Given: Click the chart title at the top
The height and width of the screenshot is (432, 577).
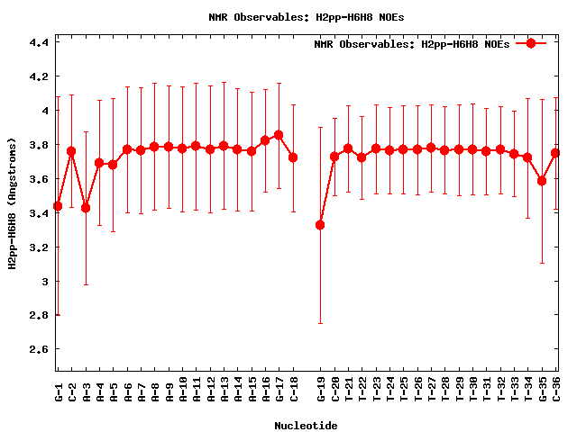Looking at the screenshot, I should (288, 16).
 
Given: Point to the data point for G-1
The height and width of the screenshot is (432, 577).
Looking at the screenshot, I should (58, 206).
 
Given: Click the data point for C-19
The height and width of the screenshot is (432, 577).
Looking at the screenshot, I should (320, 224).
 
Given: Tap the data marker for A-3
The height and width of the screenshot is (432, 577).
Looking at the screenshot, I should (86, 208).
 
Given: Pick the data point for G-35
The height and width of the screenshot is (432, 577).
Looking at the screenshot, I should (542, 181).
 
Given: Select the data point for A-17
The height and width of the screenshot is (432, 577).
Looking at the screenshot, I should (279, 135).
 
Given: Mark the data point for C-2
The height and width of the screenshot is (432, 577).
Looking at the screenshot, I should (71, 151).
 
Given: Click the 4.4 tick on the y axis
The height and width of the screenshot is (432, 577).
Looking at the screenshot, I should (39, 42).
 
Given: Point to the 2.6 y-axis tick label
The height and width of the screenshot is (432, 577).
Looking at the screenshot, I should (39, 349).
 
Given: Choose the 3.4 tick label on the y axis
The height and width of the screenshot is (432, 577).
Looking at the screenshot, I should (39, 213).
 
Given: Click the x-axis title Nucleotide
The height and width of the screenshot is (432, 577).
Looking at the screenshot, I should (307, 426).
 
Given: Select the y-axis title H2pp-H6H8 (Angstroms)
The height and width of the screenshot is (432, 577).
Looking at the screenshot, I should (13, 203).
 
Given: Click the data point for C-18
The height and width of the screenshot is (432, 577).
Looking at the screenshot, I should (292, 157).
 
